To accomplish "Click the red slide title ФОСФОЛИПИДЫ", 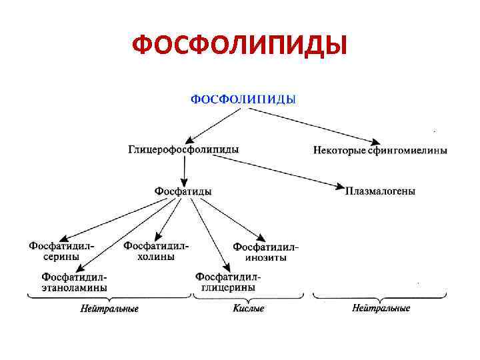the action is [x=239, y=46].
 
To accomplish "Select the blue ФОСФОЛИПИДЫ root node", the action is [x=243, y=99].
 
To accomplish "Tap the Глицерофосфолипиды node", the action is [x=183, y=150].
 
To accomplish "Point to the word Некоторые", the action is [x=339, y=151].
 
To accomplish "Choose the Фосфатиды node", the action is [x=183, y=191].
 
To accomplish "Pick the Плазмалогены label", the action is [x=380, y=191].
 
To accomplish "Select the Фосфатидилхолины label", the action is [x=156, y=251].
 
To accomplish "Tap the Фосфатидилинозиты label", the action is [x=265, y=252].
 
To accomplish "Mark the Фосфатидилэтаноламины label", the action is [x=74, y=281].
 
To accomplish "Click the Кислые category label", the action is [x=248, y=309].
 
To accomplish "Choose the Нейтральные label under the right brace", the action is [x=381, y=309].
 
